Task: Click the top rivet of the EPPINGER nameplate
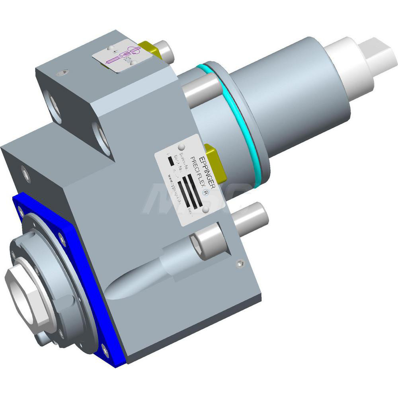181,146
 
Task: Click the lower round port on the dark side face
101,137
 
